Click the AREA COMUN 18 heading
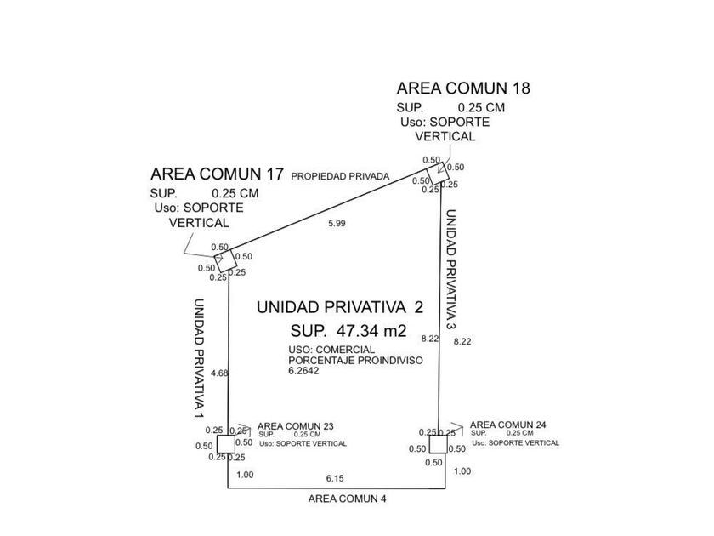point(464,88)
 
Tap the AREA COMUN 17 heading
point(217,174)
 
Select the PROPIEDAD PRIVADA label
point(340,176)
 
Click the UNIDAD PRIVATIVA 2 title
point(339,307)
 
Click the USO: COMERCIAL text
point(331,350)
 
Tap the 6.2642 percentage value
point(304,371)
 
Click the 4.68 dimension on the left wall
point(219,373)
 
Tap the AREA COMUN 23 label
point(295,426)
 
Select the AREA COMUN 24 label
point(508,424)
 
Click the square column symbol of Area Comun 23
point(225,444)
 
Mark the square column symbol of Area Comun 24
point(438,444)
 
